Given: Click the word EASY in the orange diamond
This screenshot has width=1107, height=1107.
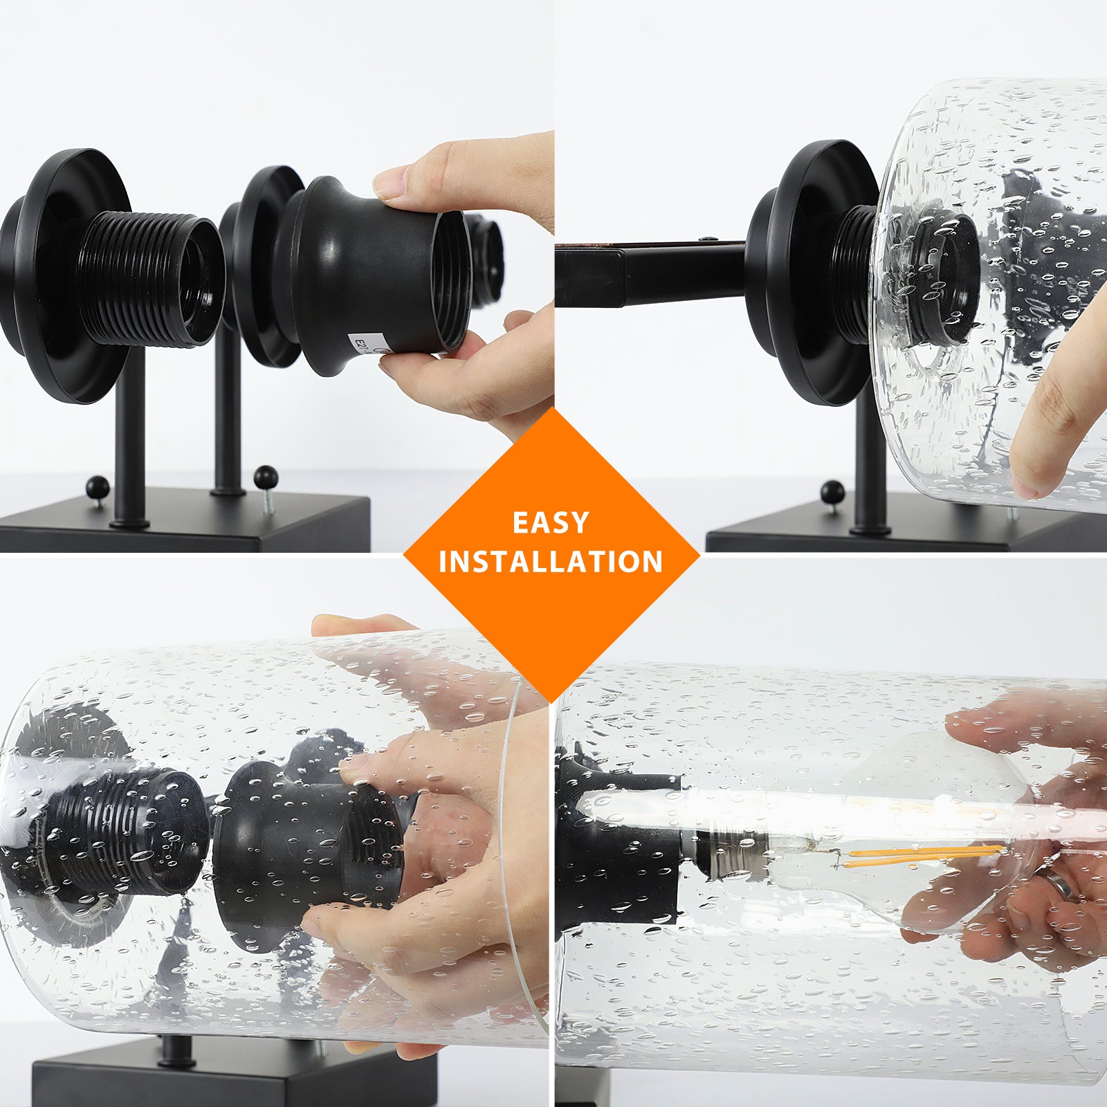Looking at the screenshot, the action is [551, 522].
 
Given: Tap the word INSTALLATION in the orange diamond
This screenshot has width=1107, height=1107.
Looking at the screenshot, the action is [551, 561].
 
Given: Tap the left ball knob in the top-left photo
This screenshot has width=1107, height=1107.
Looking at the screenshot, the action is [98, 486].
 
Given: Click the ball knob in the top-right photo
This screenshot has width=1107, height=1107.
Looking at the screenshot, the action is [832, 492].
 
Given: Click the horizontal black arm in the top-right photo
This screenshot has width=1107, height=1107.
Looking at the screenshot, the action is [650, 274].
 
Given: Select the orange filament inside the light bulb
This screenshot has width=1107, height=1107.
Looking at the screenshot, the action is [924, 856].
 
